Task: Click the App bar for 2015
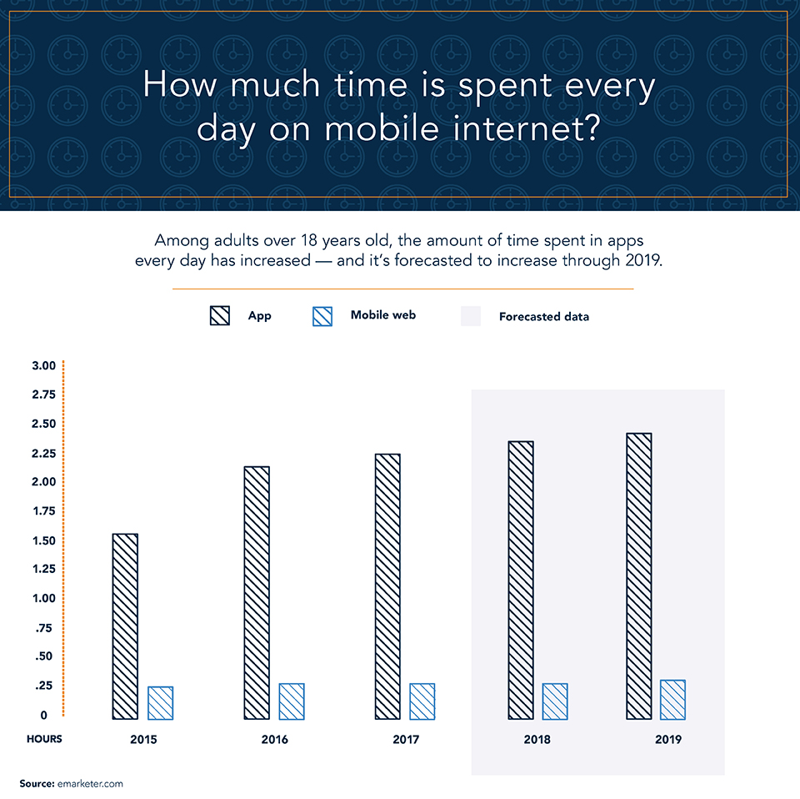click(x=125, y=626)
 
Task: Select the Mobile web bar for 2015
click(x=160, y=703)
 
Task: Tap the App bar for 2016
click(x=257, y=592)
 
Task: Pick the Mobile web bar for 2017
click(x=422, y=701)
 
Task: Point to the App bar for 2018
click(x=521, y=580)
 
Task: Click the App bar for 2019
click(x=639, y=575)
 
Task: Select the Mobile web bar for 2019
click(x=672, y=700)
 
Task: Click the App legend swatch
click(x=219, y=316)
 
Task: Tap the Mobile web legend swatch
click(x=322, y=316)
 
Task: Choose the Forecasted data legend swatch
click(x=471, y=316)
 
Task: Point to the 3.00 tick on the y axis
click(x=43, y=365)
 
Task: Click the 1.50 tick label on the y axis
click(x=43, y=540)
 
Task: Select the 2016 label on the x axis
click(x=274, y=740)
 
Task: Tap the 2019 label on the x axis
click(x=667, y=740)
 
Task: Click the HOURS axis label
click(x=44, y=739)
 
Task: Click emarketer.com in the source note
click(x=91, y=784)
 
